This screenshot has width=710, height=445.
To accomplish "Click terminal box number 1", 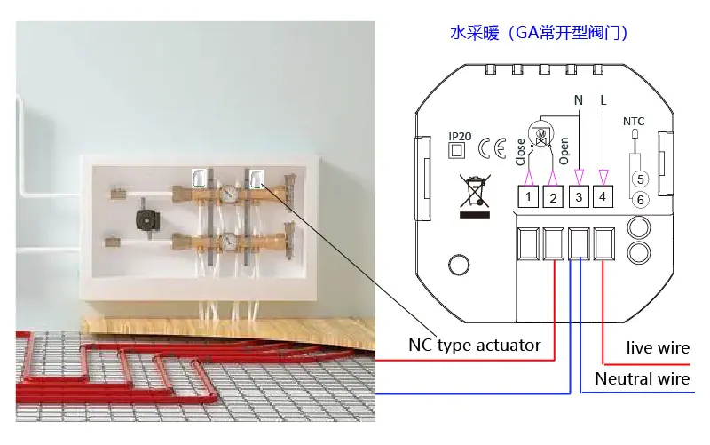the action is (528, 196).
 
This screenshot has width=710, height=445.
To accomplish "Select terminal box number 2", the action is (553, 196).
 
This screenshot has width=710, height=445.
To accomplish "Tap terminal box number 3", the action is (579, 196).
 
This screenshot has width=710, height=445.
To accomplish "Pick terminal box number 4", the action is (603, 196).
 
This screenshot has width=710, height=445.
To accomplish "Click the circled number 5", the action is (640, 179).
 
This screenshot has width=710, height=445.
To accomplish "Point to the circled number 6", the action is (640, 199).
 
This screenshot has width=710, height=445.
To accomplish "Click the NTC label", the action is (634, 122).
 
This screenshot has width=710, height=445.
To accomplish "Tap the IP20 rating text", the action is (460, 137).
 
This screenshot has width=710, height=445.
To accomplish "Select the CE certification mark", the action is (493, 148).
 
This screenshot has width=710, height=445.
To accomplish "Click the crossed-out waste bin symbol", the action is (475, 195).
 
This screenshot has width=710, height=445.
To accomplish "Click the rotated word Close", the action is (520, 152).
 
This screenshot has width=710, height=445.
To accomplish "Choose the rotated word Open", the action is (564, 151).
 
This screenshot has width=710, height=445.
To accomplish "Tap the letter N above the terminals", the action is (579, 100).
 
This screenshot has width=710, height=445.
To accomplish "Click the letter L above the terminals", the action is (603, 100).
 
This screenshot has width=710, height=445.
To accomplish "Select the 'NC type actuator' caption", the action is (475, 346).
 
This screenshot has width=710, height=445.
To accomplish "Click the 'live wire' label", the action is (658, 347).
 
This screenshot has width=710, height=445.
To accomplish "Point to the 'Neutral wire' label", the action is (642, 378).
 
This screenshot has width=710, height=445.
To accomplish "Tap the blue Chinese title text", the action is (539, 33).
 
